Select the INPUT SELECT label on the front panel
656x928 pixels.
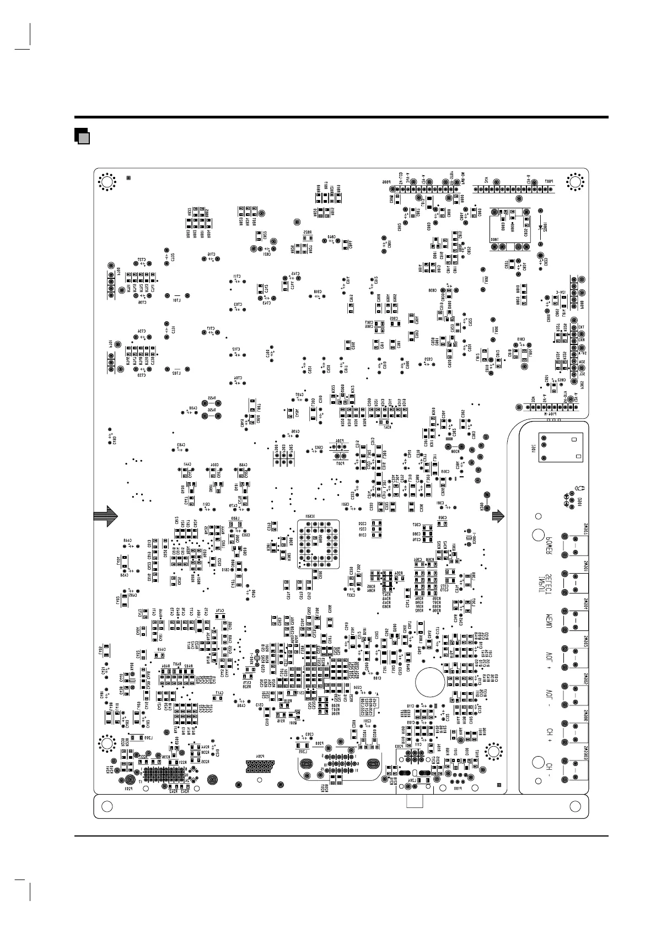(x=550, y=580)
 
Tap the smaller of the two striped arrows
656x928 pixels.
(x=498, y=516)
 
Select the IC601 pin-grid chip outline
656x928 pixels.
(x=318, y=544)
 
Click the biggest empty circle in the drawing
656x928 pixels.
(x=430, y=682)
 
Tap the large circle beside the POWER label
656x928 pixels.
(x=538, y=535)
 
